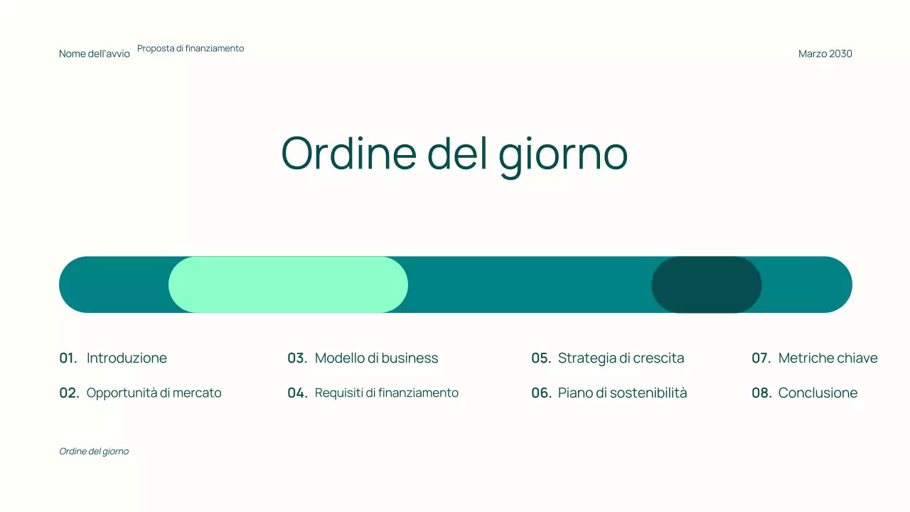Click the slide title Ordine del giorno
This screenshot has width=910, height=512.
pos(454,152)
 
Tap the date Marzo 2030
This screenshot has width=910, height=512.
pos(825,54)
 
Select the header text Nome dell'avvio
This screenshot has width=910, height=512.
pos(95,54)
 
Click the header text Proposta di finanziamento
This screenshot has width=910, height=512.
pos(191,48)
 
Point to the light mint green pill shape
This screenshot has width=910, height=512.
pos(288,284)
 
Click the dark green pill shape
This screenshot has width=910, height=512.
pos(706,284)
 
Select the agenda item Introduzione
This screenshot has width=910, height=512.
pos(127,358)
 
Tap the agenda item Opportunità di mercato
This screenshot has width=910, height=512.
pos(154,393)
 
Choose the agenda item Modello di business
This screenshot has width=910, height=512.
pos(376,358)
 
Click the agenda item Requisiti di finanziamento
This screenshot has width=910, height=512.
pos(386,393)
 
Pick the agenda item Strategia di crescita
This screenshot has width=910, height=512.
pos(621,358)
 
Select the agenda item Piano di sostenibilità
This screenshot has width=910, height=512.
pos(622,393)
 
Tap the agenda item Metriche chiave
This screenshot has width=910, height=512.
pos(828,358)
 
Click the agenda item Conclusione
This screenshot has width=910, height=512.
pos(818,393)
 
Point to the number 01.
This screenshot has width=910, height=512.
pos(68,358)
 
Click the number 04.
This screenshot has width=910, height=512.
pos(297,393)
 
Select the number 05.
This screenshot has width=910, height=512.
pos(541,358)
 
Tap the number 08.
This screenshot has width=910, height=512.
pos(761,393)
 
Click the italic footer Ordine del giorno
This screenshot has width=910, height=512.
pos(94,452)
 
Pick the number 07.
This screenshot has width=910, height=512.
pos(761,358)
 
